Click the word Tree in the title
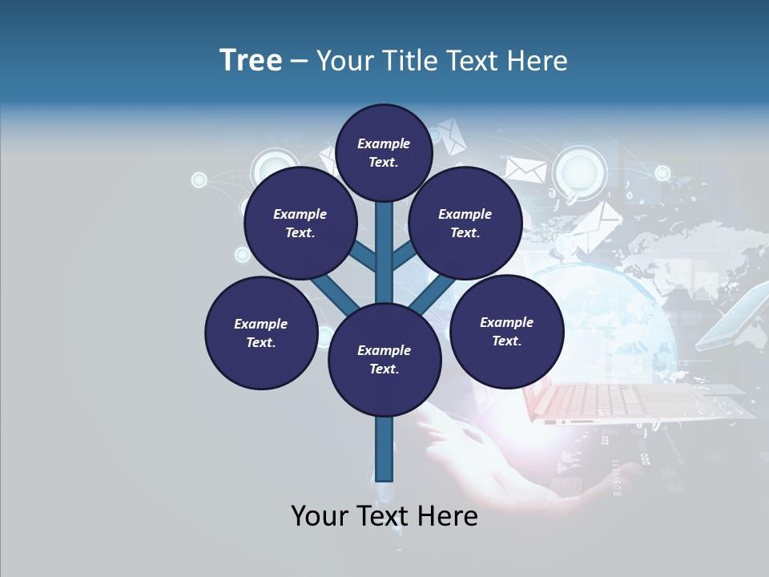coord(251,60)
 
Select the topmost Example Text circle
coord(384,152)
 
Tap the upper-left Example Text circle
coord(300,224)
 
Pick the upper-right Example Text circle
coord(465,224)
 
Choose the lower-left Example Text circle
coord(261,333)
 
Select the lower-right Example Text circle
coord(507,331)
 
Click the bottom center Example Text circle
coord(384,360)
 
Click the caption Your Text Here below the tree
coord(384,516)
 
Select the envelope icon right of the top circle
coord(525,169)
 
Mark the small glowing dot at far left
coord(199,180)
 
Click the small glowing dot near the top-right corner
coord(662,172)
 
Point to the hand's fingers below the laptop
coord(449,425)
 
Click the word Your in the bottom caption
coord(319,516)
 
